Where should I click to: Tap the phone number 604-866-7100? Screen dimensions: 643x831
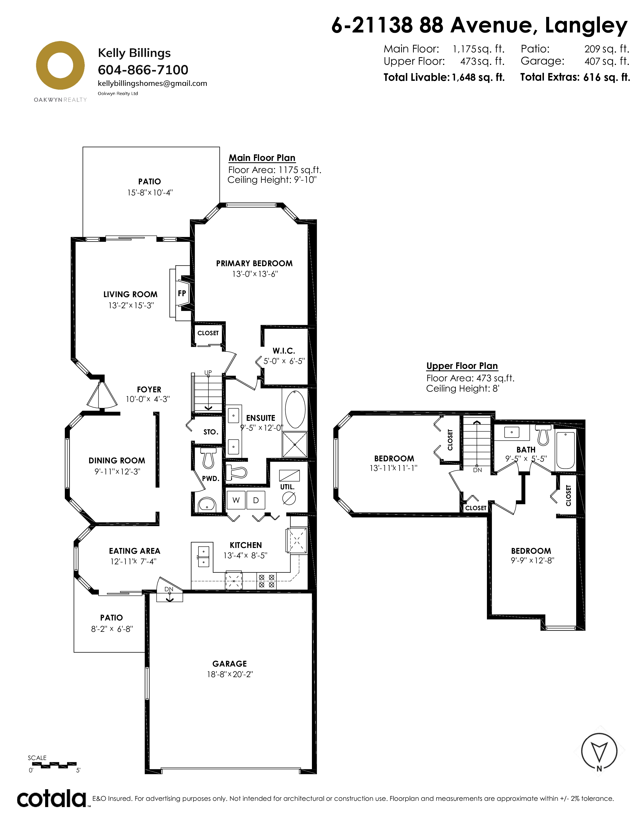pyautogui.click(x=143, y=70)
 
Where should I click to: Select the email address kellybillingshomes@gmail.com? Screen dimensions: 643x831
pyautogui.click(x=152, y=83)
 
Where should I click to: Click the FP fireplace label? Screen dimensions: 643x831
pyautogui.click(x=182, y=293)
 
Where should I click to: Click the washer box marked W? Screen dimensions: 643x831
pyautogui.click(x=236, y=500)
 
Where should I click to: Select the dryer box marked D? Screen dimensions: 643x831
pyautogui.click(x=256, y=500)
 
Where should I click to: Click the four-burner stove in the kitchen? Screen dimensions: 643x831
pyautogui.click(x=267, y=581)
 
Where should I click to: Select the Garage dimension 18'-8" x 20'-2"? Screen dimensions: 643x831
pyautogui.click(x=230, y=674)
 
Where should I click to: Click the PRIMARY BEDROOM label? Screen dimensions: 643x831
pyautogui.click(x=254, y=263)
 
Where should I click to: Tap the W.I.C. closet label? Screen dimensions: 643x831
pyautogui.click(x=284, y=351)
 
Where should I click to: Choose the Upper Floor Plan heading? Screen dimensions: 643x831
pyautogui.click(x=462, y=366)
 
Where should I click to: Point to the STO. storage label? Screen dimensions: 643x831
pyautogui.click(x=211, y=432)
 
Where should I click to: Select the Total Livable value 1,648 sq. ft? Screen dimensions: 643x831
pyautogui.click(x=478, y=77)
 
